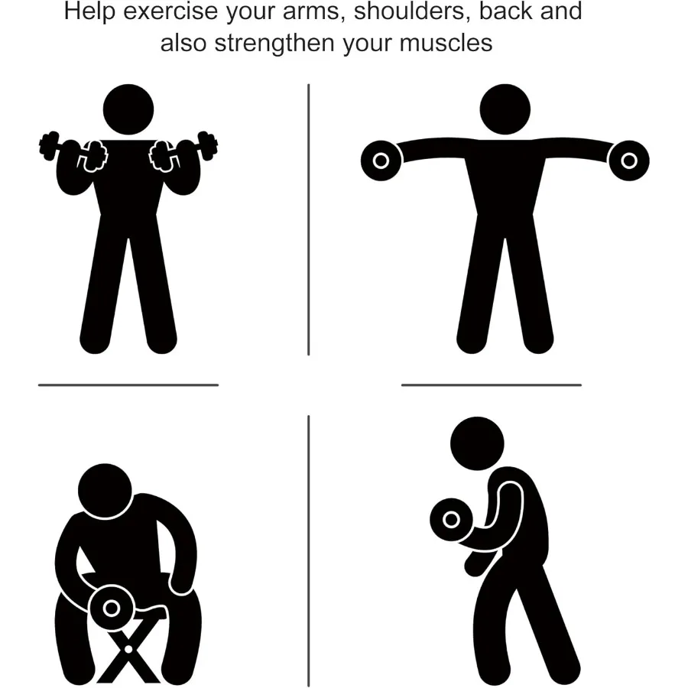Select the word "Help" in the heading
coord(86,12)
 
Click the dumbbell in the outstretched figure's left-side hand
coord(381,160)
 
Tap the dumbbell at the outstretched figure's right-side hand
coord(628,160)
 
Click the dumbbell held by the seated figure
coord(112,608)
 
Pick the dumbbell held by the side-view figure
coord(452,520)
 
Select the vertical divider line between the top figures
coord(308,220)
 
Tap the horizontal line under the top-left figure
coord(128,385)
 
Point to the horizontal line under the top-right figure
coord(491,385)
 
